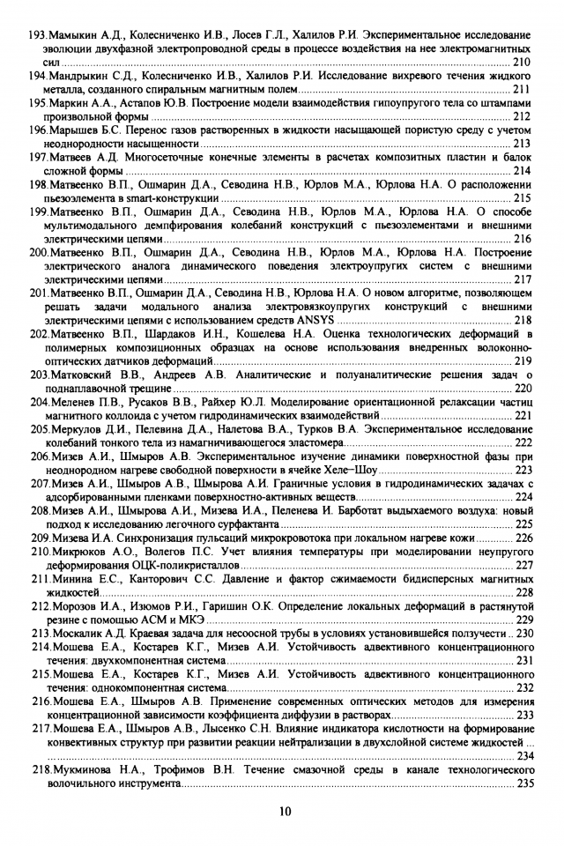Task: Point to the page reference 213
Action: coord(522,143)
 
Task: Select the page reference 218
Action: coord(522,320)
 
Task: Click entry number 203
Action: coord(39,374)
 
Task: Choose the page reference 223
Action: coord(522,470)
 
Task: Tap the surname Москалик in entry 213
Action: coord(79,633)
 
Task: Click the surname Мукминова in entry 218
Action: coord(83,769)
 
